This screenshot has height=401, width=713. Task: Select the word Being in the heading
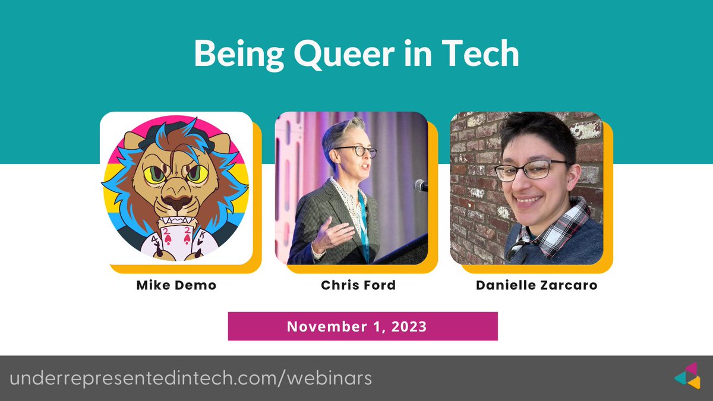pos(232,55)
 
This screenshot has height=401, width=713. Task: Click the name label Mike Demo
pos(176,285)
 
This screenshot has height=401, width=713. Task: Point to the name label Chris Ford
pos(358,285)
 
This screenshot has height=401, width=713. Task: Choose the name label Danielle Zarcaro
pos(537,285)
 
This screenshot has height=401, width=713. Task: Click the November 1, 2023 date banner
pos(362,326)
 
